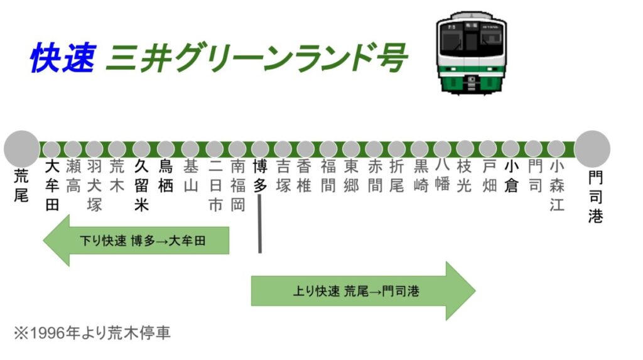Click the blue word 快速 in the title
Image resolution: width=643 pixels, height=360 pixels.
[63, 58]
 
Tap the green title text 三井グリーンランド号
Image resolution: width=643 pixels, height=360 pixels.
[257, 58]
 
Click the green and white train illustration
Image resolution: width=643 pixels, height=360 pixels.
[471, 53]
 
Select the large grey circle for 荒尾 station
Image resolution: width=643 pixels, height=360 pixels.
[21, 149]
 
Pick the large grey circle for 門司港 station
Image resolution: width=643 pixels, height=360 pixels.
[592, 149]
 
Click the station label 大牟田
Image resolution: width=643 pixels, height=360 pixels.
[52, 185]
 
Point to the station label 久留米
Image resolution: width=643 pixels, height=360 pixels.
[141, 185]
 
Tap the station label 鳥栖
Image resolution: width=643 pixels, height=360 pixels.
[166, 176]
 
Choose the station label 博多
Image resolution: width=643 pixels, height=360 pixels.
[260, 176]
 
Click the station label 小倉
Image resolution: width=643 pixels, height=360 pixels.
[511, 176]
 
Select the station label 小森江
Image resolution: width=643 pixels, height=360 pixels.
[556, 185]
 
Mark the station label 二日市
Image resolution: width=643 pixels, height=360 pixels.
[215, 185]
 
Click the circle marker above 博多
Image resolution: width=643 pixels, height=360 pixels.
[260, 149]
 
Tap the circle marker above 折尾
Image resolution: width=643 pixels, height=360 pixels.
[397, 149]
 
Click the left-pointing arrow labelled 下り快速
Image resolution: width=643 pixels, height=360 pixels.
[136, 241]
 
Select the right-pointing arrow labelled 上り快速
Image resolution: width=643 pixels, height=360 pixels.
[364, 291]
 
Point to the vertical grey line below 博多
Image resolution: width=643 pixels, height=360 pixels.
[259, 224]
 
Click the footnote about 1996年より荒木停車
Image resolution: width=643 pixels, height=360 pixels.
[92, 333]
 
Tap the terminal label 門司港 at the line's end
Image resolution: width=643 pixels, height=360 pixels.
[595, 197]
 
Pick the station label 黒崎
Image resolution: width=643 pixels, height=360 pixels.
[421, 176]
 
